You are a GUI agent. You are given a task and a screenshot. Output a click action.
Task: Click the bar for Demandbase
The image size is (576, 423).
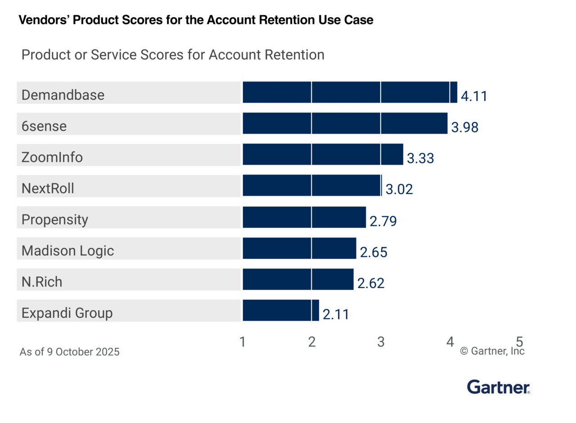point(350,92)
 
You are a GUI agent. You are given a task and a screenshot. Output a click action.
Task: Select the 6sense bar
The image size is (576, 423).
point(345,123)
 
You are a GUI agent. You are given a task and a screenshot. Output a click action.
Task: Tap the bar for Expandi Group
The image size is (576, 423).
point(281,310)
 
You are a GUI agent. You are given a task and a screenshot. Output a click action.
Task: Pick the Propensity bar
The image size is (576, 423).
point(304,217)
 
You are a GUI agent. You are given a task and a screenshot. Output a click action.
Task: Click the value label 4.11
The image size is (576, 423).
point(474,96)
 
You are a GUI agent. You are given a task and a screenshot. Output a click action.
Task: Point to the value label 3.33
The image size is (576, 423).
point(420,158)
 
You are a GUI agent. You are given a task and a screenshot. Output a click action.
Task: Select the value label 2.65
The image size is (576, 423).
point(373,252)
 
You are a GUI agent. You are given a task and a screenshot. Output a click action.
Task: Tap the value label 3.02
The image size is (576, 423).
point(399,189)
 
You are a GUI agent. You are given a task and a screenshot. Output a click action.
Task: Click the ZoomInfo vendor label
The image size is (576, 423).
point(52,157)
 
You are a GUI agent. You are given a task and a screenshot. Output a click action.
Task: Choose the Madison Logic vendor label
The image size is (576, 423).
point(67,251)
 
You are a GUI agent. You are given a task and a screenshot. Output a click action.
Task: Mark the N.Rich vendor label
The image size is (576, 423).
point(42,282)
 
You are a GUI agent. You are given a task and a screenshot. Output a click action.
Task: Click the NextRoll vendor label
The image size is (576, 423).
point(48,189)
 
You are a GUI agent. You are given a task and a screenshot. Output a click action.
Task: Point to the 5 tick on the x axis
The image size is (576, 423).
point(519,342)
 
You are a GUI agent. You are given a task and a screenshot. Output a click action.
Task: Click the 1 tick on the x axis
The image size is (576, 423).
point(243,342)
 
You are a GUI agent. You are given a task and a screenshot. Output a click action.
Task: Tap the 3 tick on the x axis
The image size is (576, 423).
point(381,342)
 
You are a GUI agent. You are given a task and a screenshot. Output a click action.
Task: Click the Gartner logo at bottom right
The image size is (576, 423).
point(498,387)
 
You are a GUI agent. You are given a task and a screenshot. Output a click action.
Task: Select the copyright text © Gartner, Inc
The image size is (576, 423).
point(492,351)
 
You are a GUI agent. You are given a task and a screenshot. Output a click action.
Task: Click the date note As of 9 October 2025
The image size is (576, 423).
point(70,352)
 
